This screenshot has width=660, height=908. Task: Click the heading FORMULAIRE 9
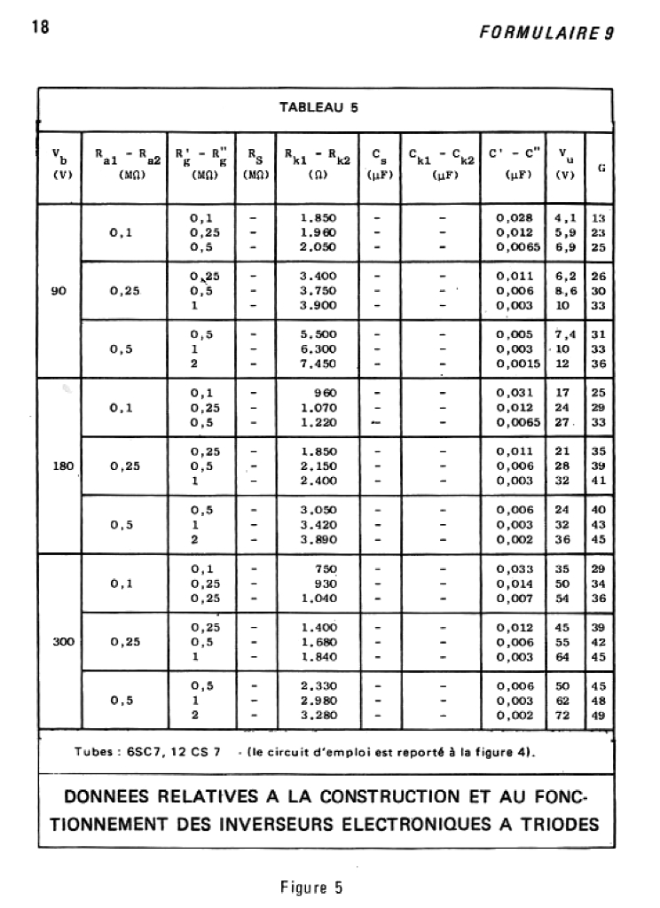point(546,33)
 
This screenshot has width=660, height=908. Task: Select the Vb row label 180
point(62,465)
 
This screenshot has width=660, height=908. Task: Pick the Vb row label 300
point(62,641)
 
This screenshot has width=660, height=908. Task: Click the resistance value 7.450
point(318,363)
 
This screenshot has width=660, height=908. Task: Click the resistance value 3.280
point(318,715)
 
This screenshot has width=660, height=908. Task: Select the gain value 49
point(599,715)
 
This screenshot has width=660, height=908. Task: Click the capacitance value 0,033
point(514,567)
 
